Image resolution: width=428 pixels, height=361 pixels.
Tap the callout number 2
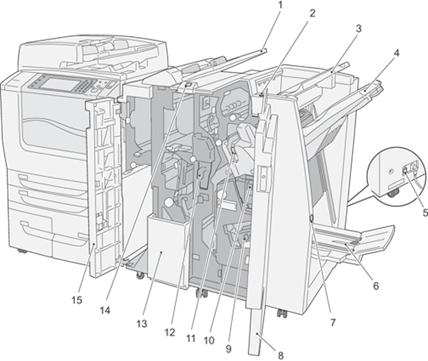coord(311,13)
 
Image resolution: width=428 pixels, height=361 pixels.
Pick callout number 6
coord(376,286)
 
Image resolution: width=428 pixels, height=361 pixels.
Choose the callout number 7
coord(332,322)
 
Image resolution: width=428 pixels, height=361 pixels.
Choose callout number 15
coord(76,299)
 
